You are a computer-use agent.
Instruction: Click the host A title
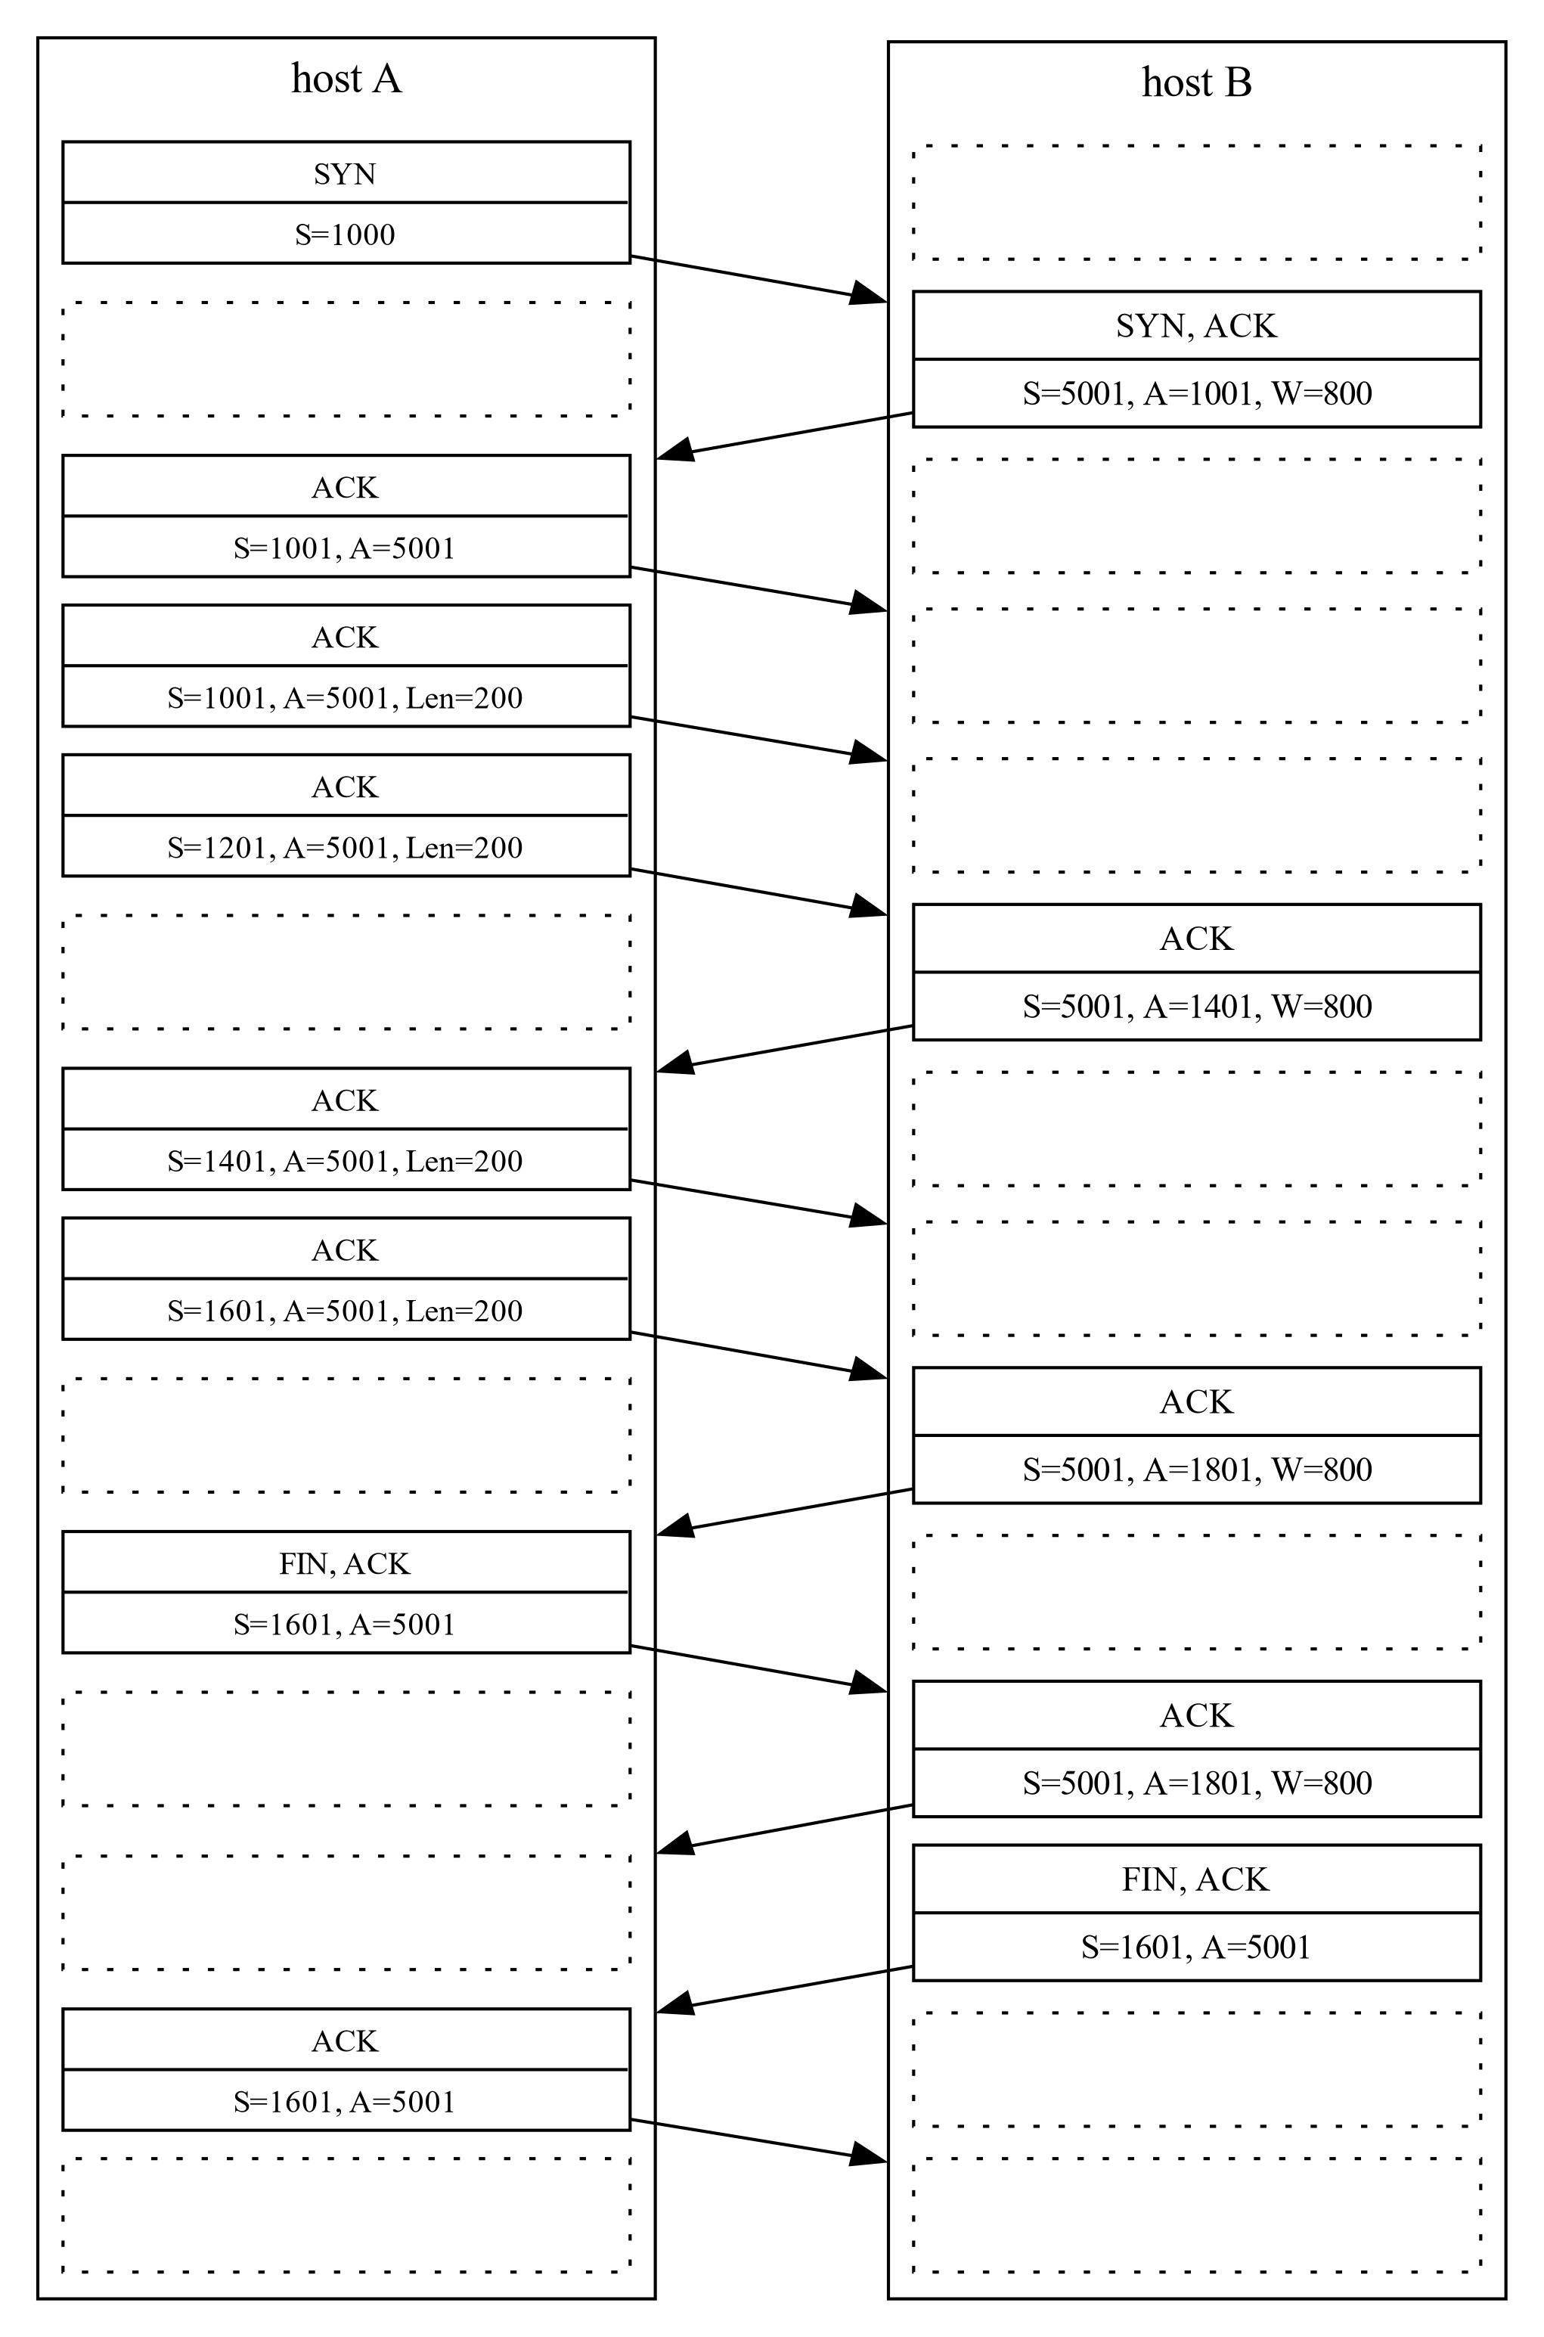[x=346, y=79]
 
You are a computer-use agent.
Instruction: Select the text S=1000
[x=345, y=234]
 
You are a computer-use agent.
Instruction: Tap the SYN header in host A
[x=345, y=173]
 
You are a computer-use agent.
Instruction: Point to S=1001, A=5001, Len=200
[x=345, y=698]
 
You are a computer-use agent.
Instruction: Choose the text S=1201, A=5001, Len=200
[x=345, y=848]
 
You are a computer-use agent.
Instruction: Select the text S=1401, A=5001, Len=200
[x=345, y=1161]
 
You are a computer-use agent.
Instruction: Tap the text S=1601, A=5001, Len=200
[x=345, y=1311]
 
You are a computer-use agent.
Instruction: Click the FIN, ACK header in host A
[x=345, y=1564]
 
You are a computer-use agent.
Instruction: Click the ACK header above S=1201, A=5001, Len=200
[x=345, y=787]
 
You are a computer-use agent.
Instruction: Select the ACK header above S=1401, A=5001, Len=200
[x=345, y=1100]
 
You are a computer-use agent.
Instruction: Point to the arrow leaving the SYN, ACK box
[x=785, y=434]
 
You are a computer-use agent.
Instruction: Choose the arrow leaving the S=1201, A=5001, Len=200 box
[x=759, y=891]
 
